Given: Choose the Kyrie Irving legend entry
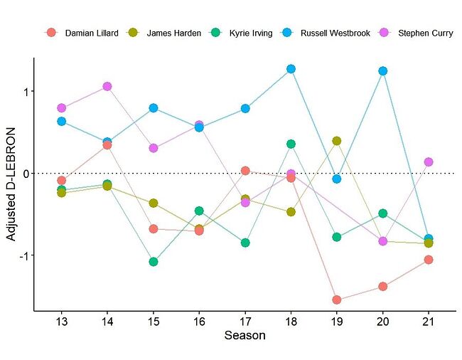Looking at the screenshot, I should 249,33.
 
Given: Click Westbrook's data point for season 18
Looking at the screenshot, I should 291,69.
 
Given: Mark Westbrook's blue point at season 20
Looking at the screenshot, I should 383,71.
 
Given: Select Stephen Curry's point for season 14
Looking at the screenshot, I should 107,86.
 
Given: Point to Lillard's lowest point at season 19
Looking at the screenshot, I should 337,300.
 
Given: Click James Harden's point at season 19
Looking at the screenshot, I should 337,141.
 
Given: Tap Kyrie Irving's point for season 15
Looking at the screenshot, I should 153,261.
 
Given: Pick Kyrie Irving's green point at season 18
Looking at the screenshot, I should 291,144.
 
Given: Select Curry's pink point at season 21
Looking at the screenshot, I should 429,162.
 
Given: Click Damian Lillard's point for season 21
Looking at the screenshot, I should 429,260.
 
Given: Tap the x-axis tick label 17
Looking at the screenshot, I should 245,321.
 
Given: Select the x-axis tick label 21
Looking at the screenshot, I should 429,321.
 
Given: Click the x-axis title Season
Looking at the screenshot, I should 245,335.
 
